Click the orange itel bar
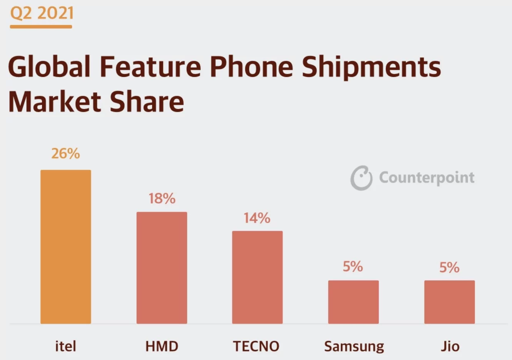tap(66, 247)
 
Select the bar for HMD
tap(162, 268)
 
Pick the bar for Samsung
tap(353, 302)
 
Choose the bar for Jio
tap(449, 302)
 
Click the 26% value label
tap(65, 153)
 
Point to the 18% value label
tap(162, 198)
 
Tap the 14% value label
tap(257, 218)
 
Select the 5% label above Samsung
tap(353, 267)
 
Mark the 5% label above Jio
tap(449, 267)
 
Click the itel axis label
tap(65, 346)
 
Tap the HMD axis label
tap(162, 346)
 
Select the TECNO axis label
tap(256, 346)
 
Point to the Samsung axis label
tap(354, 347)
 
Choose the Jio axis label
tap(450, 346)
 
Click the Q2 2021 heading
tap(42, 13)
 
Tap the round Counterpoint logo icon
tap(361, 178)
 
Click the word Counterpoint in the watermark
tap(427, 178)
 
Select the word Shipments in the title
tap(371, 67)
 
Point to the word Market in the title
tap(54, 102)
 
